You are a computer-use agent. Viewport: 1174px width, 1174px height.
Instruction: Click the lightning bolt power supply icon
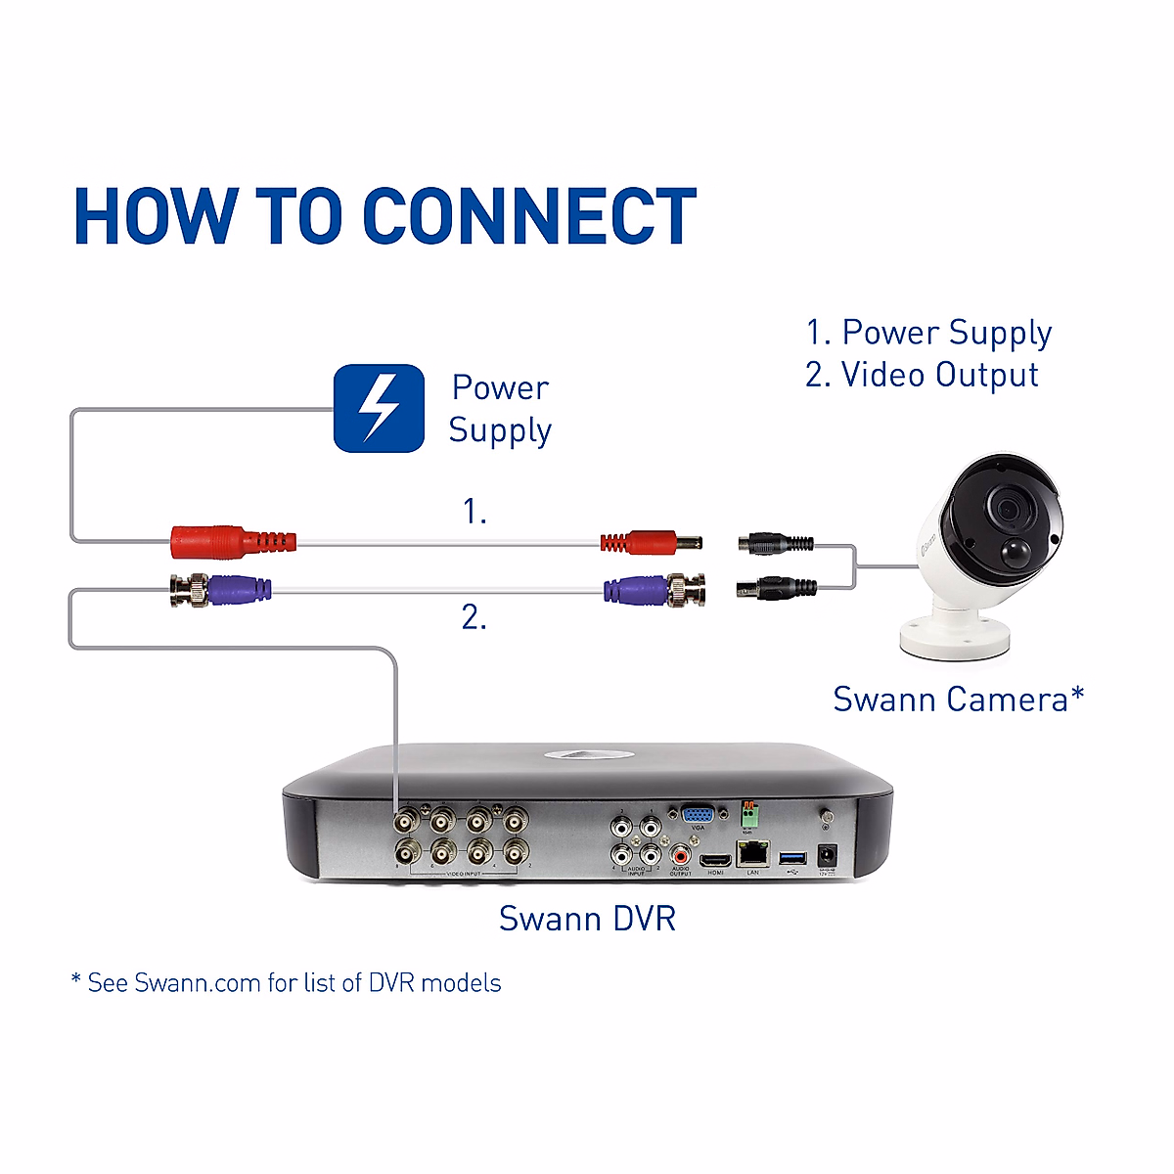pyautogui.click(x=379, y=408)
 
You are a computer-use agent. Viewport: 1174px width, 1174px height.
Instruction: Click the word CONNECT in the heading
pyautogui.click(x=528, y=216)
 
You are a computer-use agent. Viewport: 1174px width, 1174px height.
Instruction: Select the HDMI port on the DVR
pyautogui.click(x=715, y=858)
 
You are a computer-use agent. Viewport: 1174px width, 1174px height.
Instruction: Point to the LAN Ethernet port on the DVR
pyautogui.click(x=752, y=852)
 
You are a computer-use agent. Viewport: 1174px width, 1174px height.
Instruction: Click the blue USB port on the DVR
pyautogui.click(x=791, y=858)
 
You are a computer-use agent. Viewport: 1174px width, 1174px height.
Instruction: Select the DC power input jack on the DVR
pyautogui.click(x=827, y=854)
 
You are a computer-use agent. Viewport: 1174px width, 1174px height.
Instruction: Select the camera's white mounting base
pyautogui.click(x=954, y=635)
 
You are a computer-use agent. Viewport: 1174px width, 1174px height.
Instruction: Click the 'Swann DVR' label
pyautogui.click(x=587, y=919)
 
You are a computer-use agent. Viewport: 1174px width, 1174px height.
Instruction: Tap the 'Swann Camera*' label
pyautogui.click(x=958, y=700)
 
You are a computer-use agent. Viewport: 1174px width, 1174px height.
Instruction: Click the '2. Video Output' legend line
pyautogui.click(x=922, y=375)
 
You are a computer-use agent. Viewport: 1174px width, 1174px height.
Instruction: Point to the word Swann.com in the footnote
pyautogui.click(x=197, y=983)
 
